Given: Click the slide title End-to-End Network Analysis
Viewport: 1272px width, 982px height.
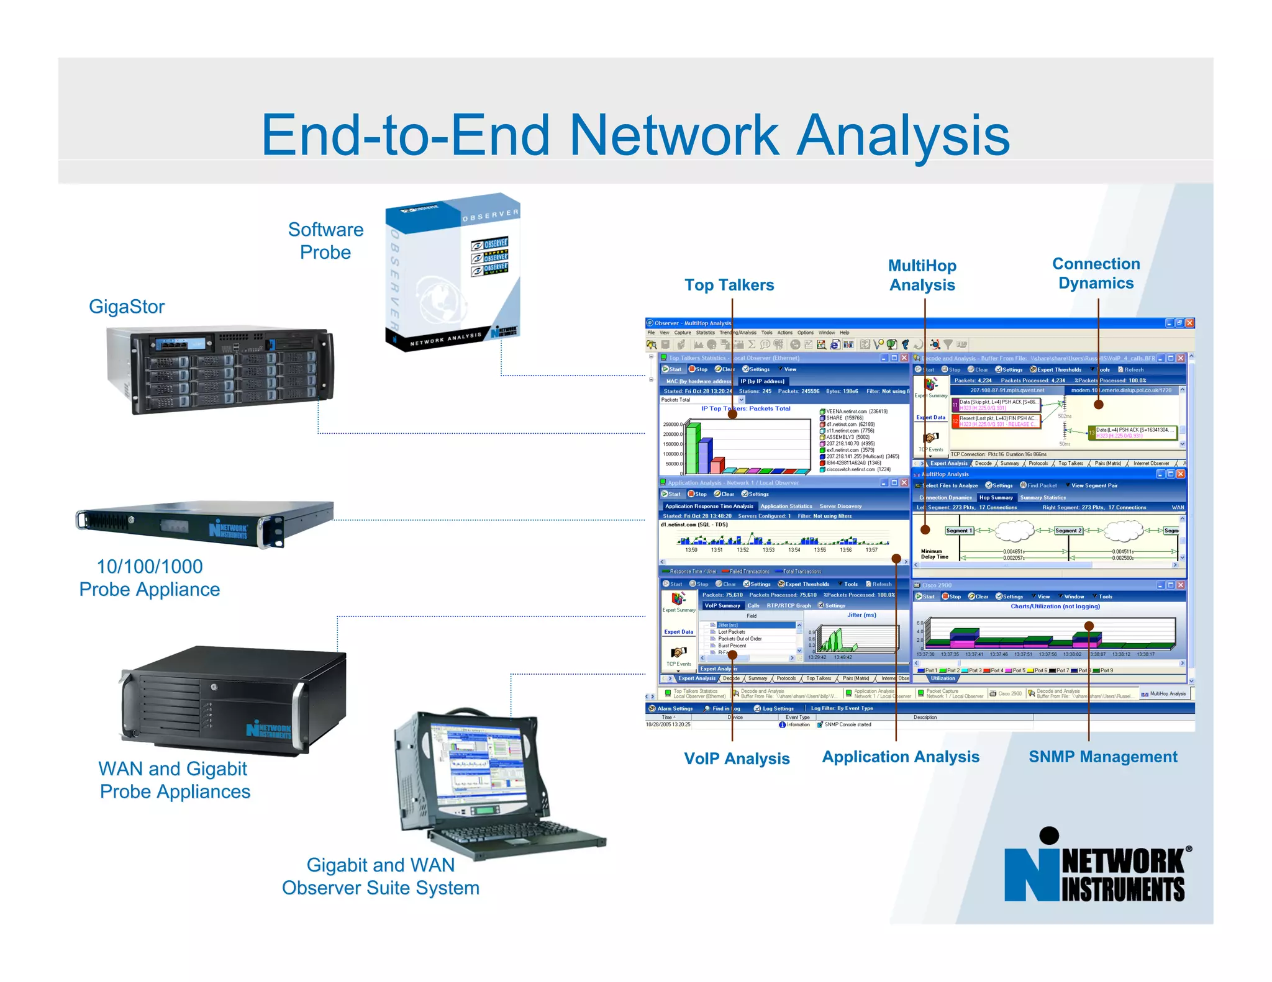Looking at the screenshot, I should [x=635, y=135].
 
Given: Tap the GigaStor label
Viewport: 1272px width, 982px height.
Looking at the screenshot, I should [x=127, y=307].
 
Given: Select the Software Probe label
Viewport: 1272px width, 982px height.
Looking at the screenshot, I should [x=325, y=241].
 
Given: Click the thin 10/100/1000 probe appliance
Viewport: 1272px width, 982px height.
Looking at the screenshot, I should [x=205, y=523].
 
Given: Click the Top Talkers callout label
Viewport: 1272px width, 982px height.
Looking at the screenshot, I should [x=729, y=285].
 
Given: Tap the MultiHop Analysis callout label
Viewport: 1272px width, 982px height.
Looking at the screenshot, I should [x=922, y=275].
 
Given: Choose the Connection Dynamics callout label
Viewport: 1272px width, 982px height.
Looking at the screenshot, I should [x=1096, y=273].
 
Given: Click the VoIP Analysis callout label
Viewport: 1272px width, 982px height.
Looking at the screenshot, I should [x=737, y=759].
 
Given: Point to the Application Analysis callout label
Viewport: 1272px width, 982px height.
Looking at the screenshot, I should [x=901, y=757].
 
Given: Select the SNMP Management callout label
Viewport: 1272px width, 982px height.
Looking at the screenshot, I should [x=1102, y=757].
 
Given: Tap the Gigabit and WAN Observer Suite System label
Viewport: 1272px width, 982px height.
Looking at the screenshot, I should [x=381, y=876].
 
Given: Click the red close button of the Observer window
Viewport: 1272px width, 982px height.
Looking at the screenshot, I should [x=1189, y=323].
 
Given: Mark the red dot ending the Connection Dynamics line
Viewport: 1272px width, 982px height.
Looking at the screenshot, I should [x=1098, y=405].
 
